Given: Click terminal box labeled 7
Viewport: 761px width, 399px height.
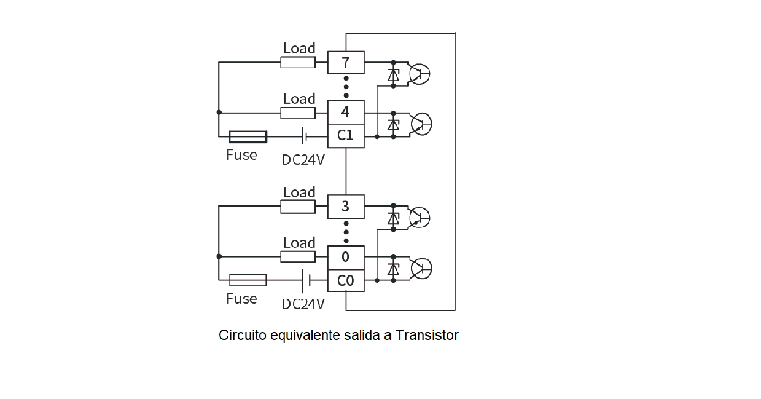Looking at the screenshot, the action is [x=346, y=62].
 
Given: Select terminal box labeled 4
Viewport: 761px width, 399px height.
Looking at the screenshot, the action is [x=346, y=112].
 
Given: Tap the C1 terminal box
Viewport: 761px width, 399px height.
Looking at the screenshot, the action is [x=346, y=136].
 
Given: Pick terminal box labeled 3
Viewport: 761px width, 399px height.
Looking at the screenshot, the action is [x=346, y=207].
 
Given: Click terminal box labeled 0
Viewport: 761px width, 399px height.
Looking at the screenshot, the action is [x=346, y=257].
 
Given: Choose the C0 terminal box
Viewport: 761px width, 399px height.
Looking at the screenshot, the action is [x=346, y=280].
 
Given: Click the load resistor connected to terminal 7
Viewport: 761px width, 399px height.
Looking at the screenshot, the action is [x=298, y=62].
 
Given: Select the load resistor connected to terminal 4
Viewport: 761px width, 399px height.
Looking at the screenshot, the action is [x=298, y=113].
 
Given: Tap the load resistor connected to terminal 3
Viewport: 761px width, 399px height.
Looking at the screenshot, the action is [x=298, y=207].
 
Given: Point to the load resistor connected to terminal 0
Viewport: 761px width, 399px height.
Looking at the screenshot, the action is [x=298, y=256].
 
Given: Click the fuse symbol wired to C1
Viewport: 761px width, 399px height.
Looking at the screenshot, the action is [x=248, y=136].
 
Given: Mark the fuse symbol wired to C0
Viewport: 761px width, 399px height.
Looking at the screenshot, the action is [x=248, y=280].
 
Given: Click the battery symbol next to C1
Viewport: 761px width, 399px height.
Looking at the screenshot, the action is [x=305, y=136].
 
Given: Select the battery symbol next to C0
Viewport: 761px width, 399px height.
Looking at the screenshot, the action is [x=306, y=280].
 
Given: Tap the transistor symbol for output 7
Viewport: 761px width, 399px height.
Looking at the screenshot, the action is [x=420, y=74].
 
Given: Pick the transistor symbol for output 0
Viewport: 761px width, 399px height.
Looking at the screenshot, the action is [x=421, y=269].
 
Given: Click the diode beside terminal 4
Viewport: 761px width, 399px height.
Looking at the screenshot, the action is [x=394, y=125].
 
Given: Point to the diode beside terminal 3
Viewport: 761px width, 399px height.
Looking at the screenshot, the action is [x=394, y=218].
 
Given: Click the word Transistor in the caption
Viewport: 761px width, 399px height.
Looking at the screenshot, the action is [x=427, y=336].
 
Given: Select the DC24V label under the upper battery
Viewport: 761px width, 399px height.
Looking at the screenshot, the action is [x=303, y=160].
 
